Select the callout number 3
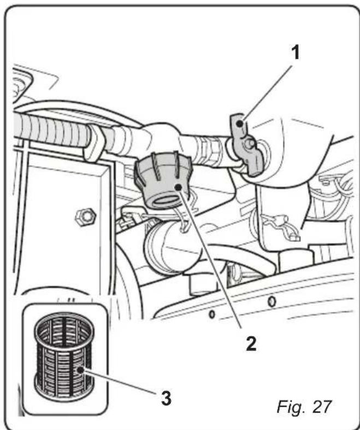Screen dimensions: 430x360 click(164, 397)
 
